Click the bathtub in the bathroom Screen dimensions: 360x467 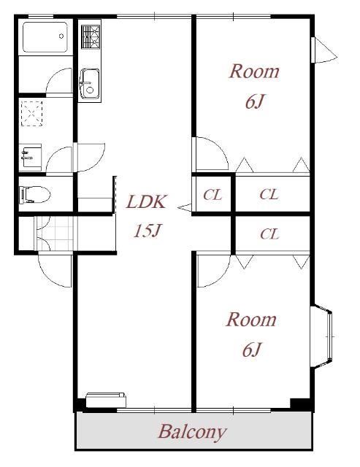45,37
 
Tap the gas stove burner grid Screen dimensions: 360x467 91,36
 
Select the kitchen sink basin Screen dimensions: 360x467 89,84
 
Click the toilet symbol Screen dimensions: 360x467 34,195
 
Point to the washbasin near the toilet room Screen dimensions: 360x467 31,158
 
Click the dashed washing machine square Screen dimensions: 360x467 31,114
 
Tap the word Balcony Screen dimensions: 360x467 192,432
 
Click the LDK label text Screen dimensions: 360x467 146,202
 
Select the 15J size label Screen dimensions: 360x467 148,231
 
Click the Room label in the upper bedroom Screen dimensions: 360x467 254,72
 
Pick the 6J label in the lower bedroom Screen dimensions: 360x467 252,350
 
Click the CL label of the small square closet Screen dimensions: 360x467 212,195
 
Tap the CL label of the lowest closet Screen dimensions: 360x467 269,234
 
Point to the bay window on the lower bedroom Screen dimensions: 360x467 321,336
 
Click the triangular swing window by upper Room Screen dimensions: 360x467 323,50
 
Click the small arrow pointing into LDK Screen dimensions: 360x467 184,207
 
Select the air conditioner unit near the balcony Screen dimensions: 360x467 106,400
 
